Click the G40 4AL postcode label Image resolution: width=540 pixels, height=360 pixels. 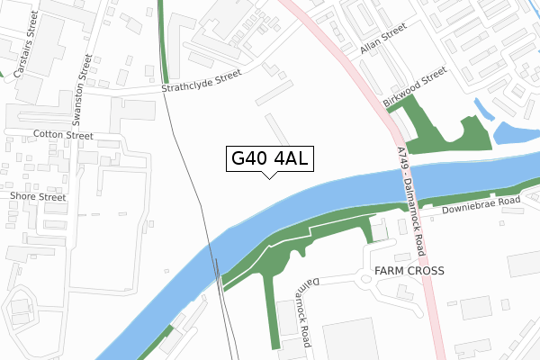tap(269, 158)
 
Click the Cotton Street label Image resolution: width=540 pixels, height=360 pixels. tap(63, 135)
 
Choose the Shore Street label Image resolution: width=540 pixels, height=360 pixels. tap(37, 195)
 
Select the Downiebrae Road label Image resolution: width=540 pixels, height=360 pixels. tap(481, 205)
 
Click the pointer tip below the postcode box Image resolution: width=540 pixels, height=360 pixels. tap(269, 176)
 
